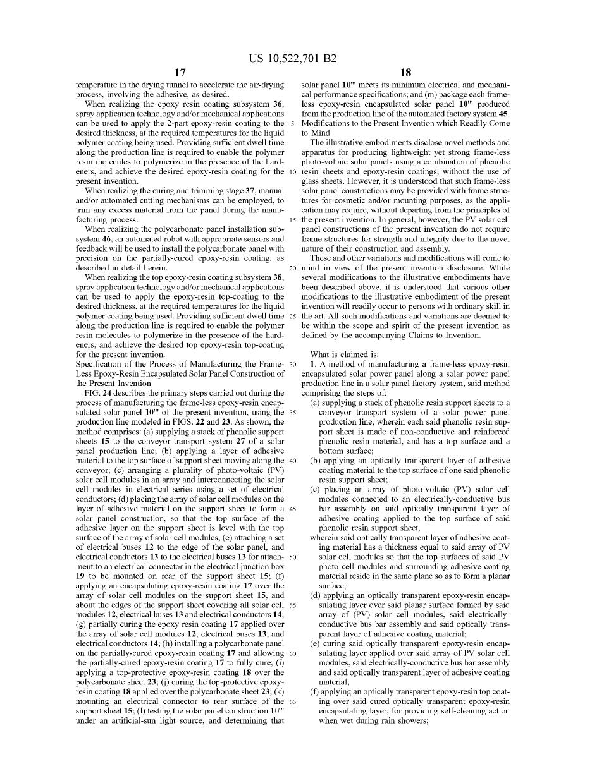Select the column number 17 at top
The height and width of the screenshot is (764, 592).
pyautogui.click(x=180, y=73)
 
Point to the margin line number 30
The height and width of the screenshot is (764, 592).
pyautogui.click(x=293, y=365)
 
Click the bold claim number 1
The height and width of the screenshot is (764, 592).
pyautogui.click(x=312, y=365)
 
